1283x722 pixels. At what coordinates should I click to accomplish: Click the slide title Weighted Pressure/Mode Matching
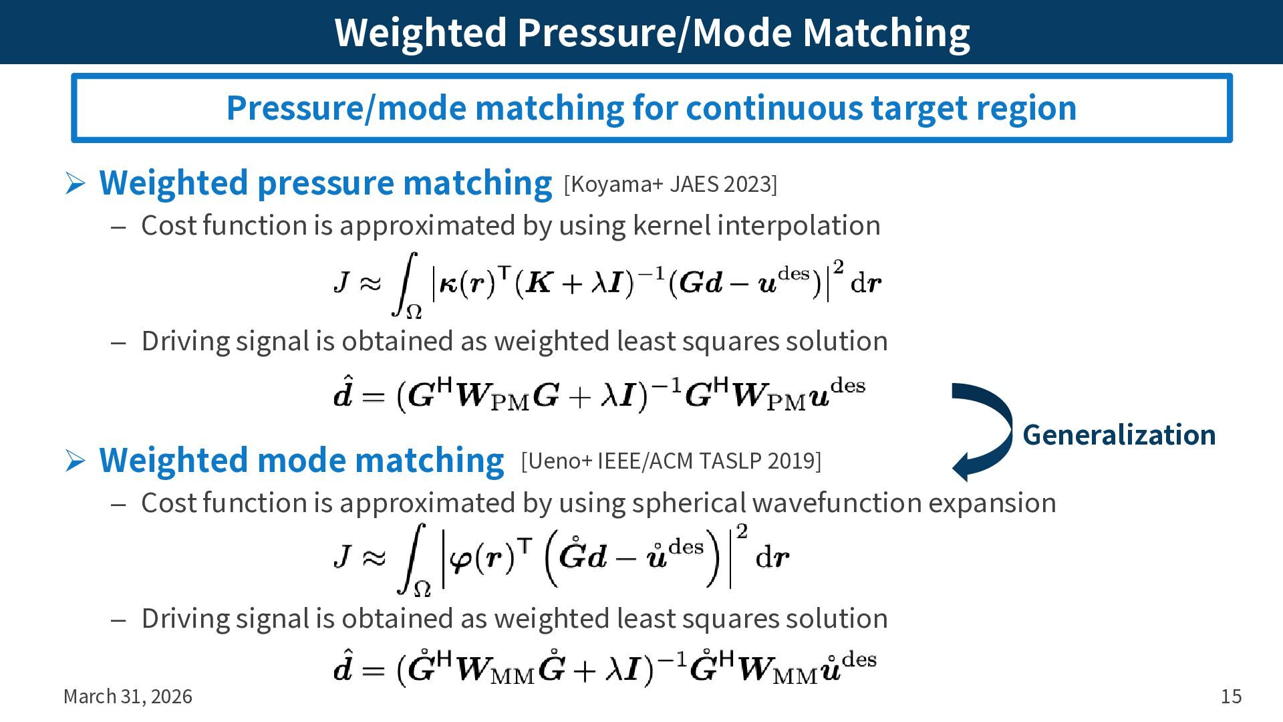click(x=652, y=32)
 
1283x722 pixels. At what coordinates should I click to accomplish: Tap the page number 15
click(x=1231, y=697)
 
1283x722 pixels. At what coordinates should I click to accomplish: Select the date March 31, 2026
click(x=128, y=697)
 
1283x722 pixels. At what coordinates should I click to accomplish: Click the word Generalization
click(x=1119, y=435)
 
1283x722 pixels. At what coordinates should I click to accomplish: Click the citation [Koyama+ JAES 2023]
click(x=670, y=184)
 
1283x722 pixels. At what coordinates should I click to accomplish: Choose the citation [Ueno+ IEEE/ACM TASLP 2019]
click(x=671, y=461)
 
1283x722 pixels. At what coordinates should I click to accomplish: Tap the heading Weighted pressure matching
click(x=325, y=183)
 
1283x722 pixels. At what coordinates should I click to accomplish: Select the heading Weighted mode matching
click(x=301, y=460)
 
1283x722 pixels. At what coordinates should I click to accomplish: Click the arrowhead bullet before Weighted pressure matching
click(x=75, y=183)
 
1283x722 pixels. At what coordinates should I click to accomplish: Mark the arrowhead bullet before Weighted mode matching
click(x=75, y=461)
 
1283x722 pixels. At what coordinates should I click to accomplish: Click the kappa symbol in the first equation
click(x=448, y=284)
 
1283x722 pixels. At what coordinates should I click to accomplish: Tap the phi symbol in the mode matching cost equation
click(x=461, y=558)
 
